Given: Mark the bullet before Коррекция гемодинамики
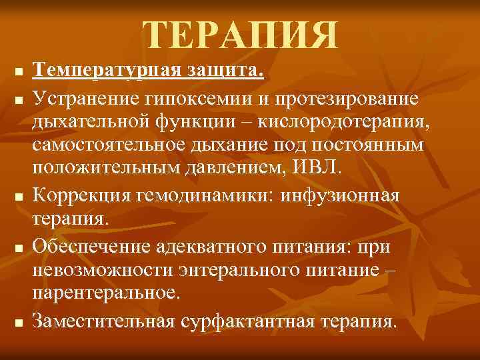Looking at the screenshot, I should coord(19,197).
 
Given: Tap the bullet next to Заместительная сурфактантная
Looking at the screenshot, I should coord(19,323).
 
